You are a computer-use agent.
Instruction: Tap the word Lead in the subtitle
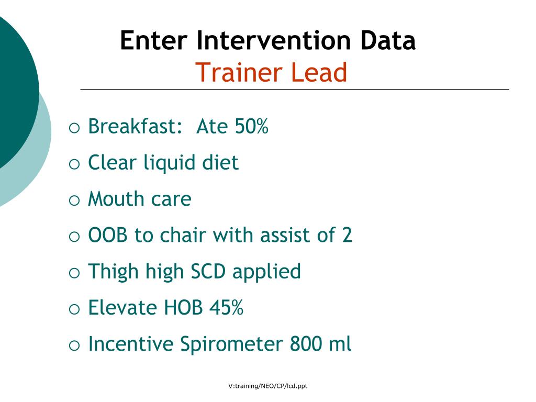(x=319, y=73)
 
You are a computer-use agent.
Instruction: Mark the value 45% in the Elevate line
(x=226, y=307)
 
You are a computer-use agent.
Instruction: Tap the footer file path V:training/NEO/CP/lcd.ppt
(x=268, y=386)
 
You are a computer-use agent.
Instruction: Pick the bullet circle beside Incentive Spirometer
(x=74, y=345)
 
